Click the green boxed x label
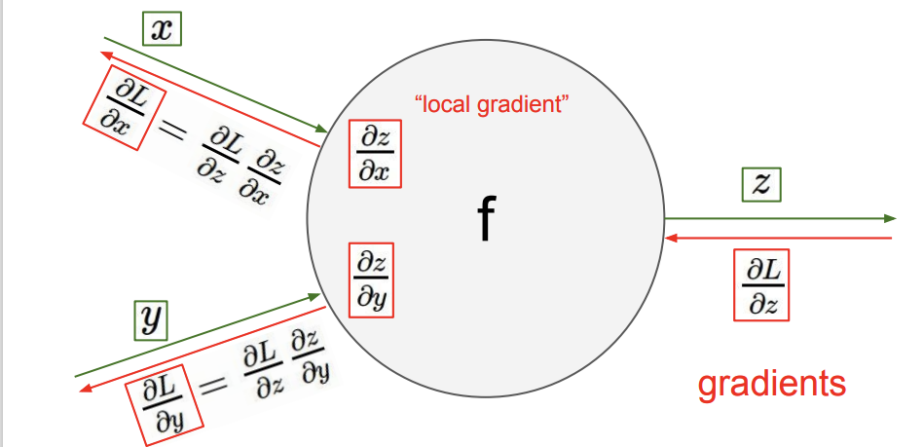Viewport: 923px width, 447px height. [x=161, y=30]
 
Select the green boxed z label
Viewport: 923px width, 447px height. [x=761, y=184]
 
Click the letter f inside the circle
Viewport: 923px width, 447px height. [x=486, y=220]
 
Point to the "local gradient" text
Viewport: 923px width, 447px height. [x=491, y=104]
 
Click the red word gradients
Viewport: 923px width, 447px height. [x=771, y=383]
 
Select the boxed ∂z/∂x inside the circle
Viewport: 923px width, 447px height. [x=375, y=156]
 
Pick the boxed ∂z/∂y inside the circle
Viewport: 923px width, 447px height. [x=373, y=278]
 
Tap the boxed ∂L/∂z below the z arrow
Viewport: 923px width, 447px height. [x=761, y=286]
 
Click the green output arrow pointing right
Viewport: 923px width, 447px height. [x=779, y=218]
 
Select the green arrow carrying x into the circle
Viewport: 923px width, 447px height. [x=214, y=85]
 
